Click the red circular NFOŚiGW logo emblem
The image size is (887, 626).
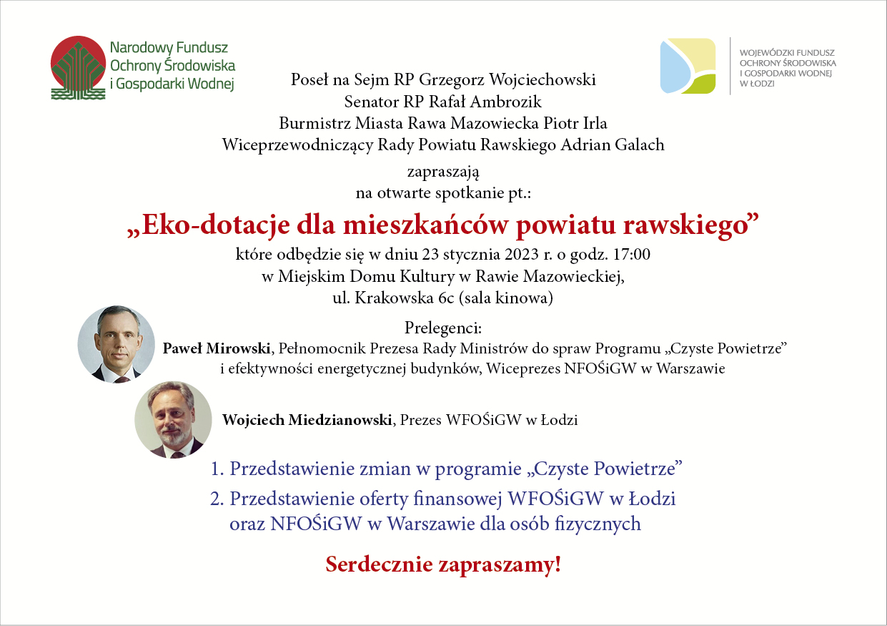click(x=79, y=67)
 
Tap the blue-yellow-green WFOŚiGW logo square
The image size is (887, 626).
click(x=688, y=66)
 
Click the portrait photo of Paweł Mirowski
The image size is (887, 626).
click(x=116, y=344)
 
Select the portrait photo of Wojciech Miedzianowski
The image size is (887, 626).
click(x=173, y=420)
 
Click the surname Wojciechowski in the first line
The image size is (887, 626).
click(x=542, y=79)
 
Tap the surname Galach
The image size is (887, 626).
click(x=640, y=145)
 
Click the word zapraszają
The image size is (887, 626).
click(x=443, y=172)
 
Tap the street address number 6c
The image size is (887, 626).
click(x=445, y=298)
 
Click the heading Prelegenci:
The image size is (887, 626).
click(x=443, y=328)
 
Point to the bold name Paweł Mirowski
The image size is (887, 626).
click(x=217, y=348)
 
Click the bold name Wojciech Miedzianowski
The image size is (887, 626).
click(x=307, y=420)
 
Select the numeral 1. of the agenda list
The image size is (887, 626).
click(x=217, y=469)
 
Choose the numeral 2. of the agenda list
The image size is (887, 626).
click(x=217, y=499)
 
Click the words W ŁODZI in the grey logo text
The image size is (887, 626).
click(x=757, y=84)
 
